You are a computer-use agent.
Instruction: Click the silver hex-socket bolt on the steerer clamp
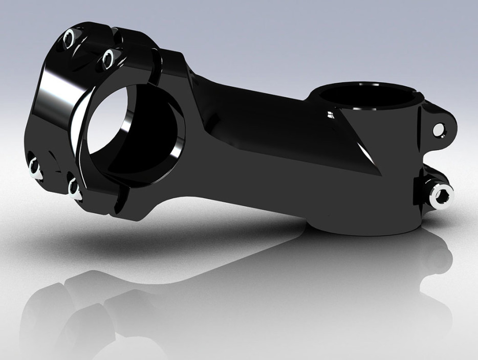click(441, 195)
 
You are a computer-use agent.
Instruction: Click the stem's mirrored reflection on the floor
click(205, 307)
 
